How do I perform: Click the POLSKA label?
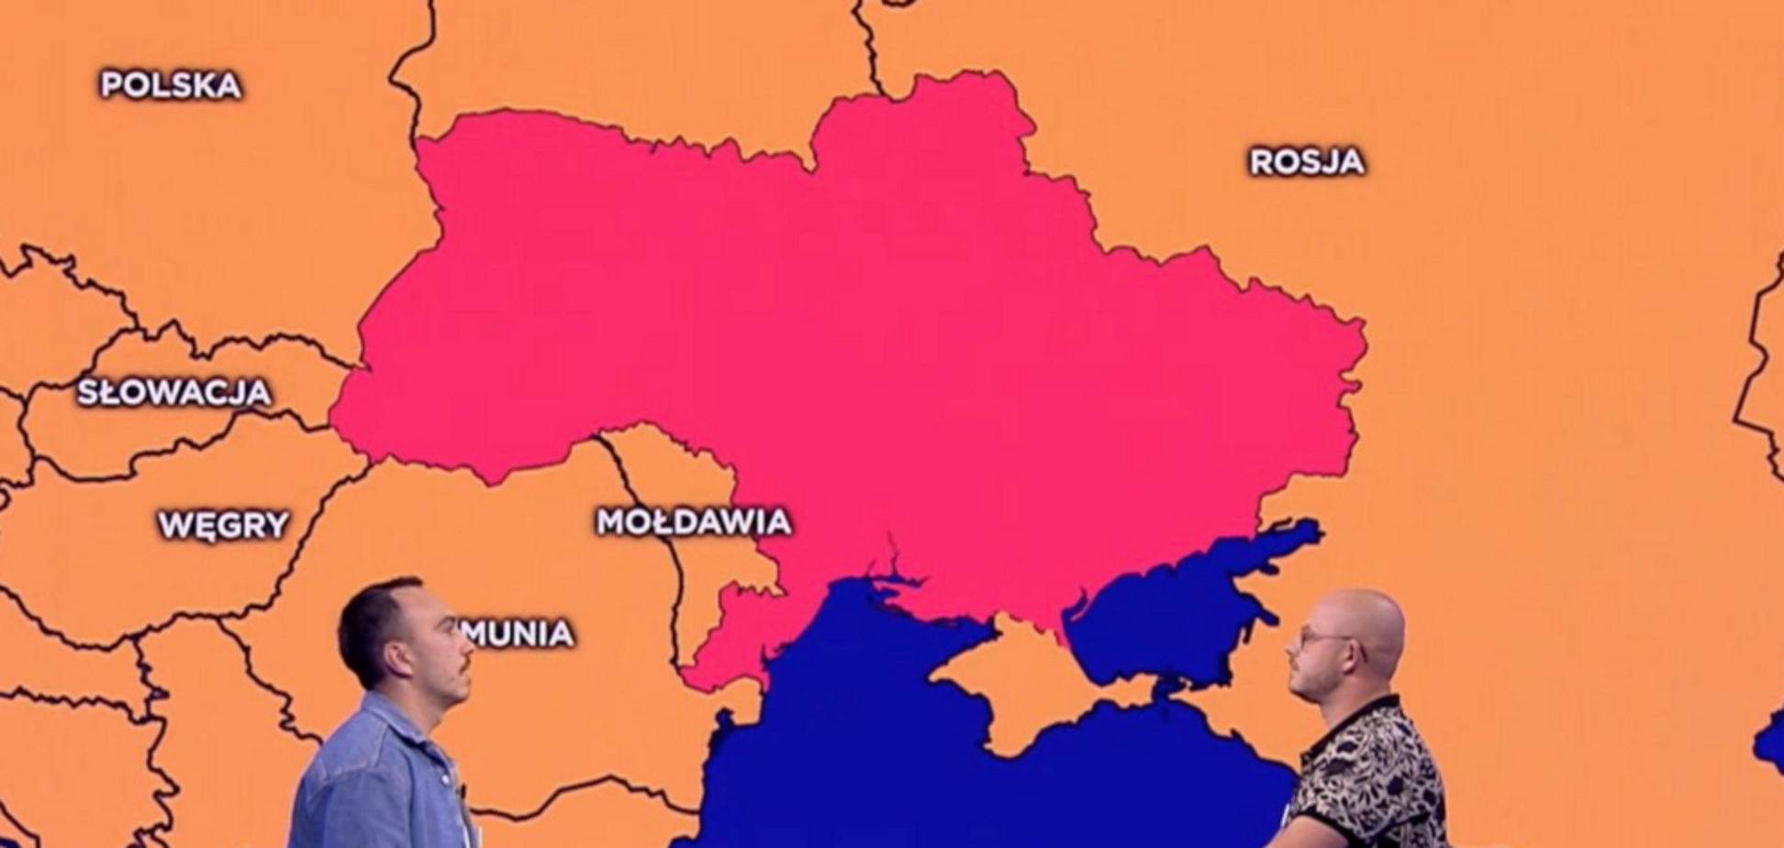[x=171, y=85]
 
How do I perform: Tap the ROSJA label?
[x=1307, y=162]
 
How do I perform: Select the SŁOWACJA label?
[x=174, y=393]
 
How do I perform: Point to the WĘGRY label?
[x=224, y=526]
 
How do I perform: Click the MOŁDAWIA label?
[x=694, y=522]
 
